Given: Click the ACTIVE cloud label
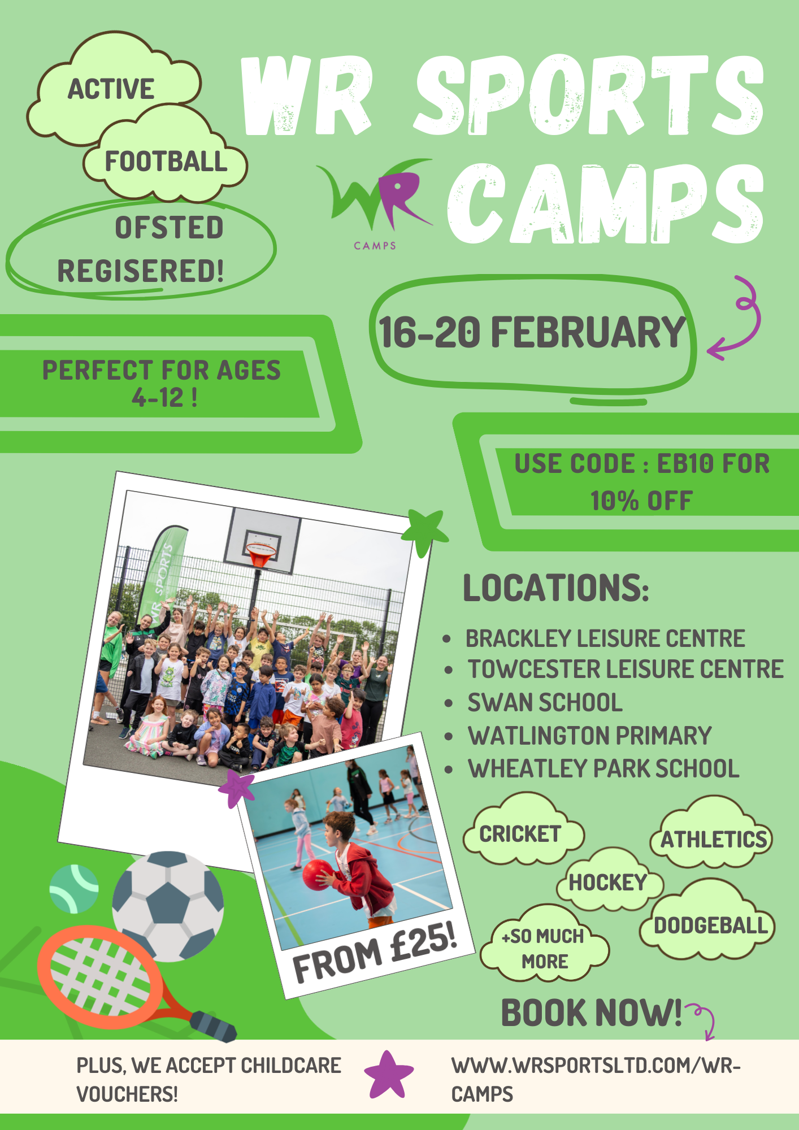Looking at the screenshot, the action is (x=111, y=89).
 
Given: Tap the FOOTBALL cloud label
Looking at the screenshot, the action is (x=166, y=162).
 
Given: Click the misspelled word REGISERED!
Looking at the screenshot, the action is (x=141, y=271).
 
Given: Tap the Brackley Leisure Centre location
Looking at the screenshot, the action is (x=605, y=638).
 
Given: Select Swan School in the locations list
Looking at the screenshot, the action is (x=545, y=703).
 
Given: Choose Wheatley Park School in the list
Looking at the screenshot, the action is (x=603, y=768).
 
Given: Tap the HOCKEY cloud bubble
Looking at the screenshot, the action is (x=609, y=881).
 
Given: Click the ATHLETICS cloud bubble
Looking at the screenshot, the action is (x=713, y=836).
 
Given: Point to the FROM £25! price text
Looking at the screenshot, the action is (x=375, y=950).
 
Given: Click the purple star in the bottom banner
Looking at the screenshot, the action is (x=389, y=1075).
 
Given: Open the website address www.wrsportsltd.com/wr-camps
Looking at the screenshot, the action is (x=596, y=1080).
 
